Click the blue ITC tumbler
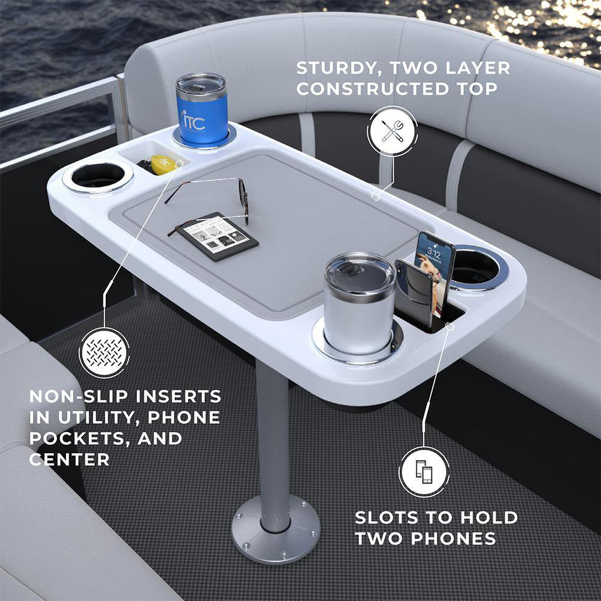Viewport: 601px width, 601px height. (x=201, y=109)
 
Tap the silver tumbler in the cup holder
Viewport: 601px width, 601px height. (x=359, y=303)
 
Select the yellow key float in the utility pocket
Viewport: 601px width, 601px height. (x=162, y=165)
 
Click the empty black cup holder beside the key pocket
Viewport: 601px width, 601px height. (x=98, y=177)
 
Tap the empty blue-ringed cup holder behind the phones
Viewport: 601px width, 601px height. (x=478, y=267)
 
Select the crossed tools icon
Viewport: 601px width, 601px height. (x=392, y=130)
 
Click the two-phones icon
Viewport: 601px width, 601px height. (x=424, y=471)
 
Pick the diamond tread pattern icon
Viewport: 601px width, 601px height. (x=104, y=353)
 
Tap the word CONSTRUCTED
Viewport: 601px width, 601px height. (x=372, y=89)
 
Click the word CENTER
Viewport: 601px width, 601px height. (x=69, y=459)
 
